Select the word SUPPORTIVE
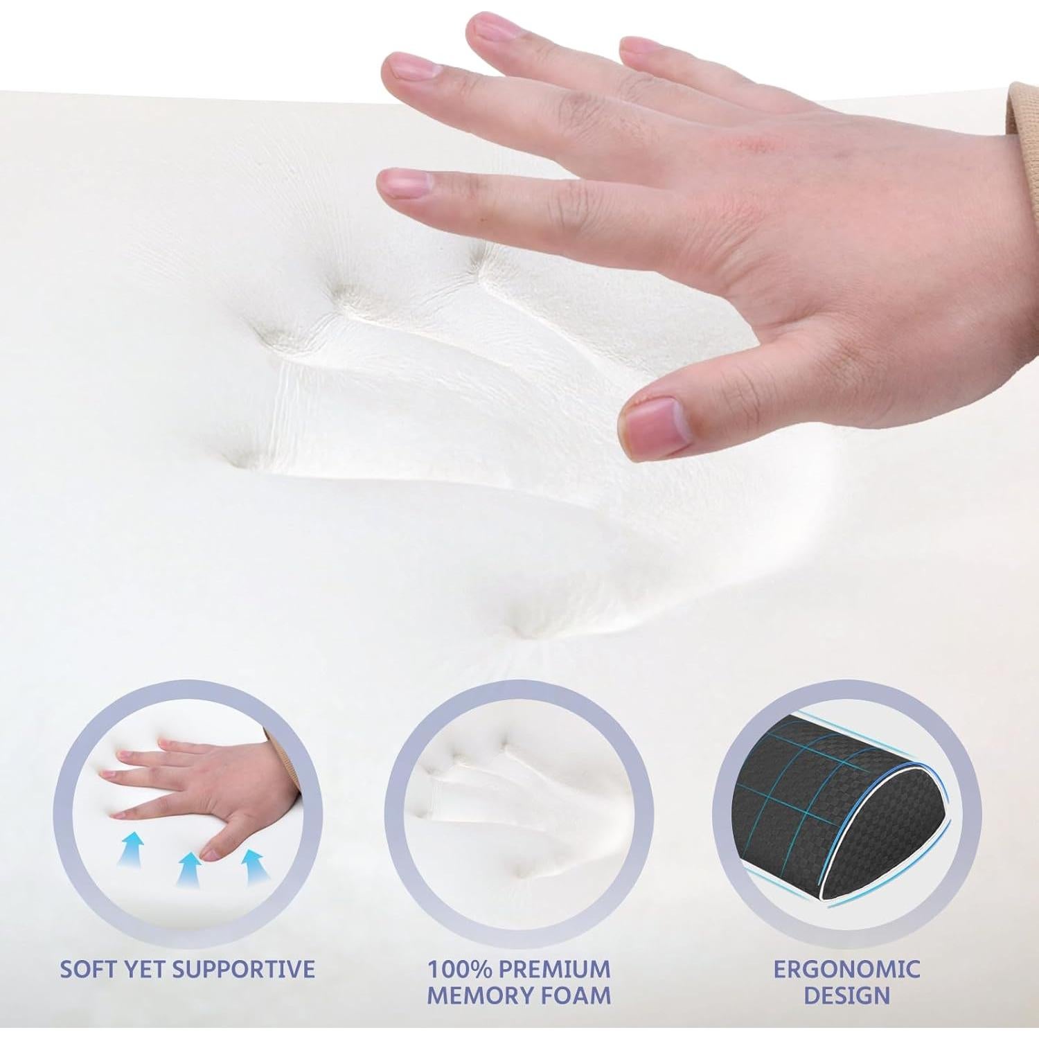(x=245, y=968)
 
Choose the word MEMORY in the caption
(x=474, y=995)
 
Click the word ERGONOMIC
(x=847, y=968)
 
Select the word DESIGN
(x=847, y=995)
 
